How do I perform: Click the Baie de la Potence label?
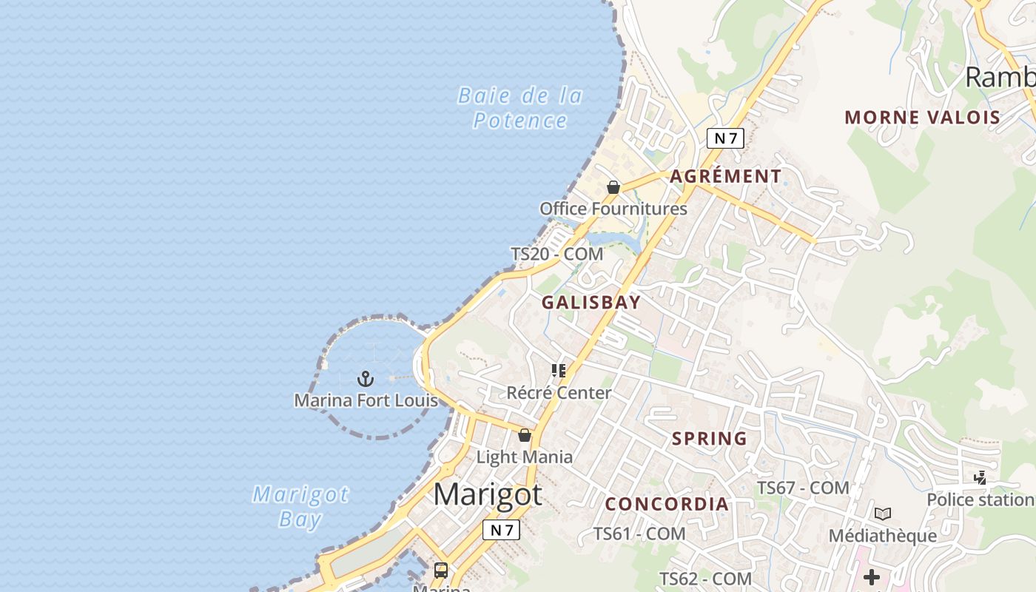tap(520, 108)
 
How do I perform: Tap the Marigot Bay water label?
tap(300, 506)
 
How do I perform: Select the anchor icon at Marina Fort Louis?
tap(365, 379)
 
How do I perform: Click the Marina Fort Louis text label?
tap(366, 400)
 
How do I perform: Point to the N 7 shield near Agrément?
tap(724, 138)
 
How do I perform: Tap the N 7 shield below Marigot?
tap(501, 530)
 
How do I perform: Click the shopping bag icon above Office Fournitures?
tap(613, 187)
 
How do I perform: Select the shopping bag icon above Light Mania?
tap(525, 435)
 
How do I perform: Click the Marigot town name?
tap(488, 494)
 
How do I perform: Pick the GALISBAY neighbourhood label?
tap(591, 302)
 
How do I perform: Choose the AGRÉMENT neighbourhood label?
tap(725, 176)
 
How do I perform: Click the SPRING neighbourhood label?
tap(709, 438)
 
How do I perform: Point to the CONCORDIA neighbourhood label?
tap(667, 504)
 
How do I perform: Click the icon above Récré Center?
tap(559, 370)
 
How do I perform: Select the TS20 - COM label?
tap(557, 254)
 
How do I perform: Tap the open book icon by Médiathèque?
tap(882, 514)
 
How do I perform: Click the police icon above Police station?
tap(980, 478)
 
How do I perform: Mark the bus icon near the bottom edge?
tap(441, 570)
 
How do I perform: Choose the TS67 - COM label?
tap(803, 488)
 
